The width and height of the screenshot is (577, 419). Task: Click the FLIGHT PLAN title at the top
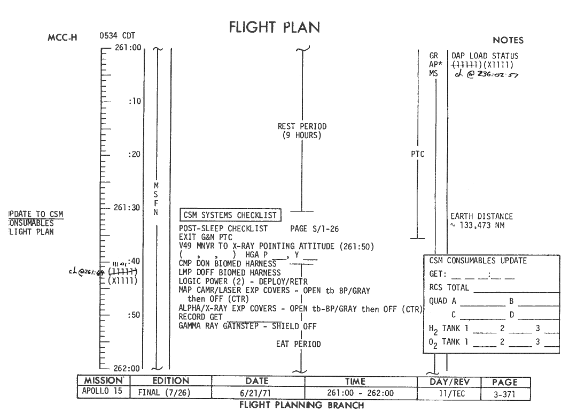(x=276, y=28)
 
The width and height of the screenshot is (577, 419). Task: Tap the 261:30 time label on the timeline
(x=127, y=208)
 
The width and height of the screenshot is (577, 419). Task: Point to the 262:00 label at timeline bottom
(x=127, y=368)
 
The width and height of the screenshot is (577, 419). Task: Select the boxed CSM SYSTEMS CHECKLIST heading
(x=230, y=215)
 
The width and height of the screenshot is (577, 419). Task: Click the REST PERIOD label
(x=302, y=127)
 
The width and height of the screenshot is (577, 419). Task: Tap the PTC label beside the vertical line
(x=418, y=155)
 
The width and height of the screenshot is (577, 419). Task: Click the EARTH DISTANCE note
(x=481, y=217)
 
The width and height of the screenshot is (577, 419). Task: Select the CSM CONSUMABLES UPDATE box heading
(x=478, y=261)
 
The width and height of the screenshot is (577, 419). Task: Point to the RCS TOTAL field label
(x=449, y=288)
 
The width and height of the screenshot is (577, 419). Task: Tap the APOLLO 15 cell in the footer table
(x=102, y=391)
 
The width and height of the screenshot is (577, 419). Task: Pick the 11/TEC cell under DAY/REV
(x=449, y=393)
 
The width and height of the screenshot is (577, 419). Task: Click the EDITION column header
(x=170, y=381)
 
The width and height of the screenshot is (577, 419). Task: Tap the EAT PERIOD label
(x=298, y=344)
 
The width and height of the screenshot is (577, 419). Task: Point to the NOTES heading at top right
(x=508, y=40)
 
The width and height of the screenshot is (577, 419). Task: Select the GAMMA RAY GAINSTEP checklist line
(x=247, y=326)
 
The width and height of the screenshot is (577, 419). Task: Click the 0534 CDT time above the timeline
(x=117, y=36)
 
